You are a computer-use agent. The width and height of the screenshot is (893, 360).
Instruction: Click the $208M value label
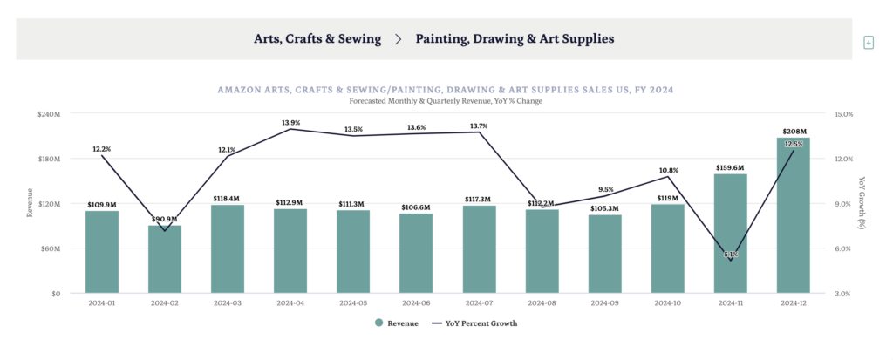click(794, 131)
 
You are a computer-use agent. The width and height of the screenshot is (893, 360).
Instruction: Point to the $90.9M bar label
click(165, 219)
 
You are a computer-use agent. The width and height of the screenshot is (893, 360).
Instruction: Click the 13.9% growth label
click(290, 122)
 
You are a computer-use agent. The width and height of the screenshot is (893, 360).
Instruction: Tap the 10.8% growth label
click(668, 170)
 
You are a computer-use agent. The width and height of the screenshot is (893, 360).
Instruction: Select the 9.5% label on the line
click(605, 189)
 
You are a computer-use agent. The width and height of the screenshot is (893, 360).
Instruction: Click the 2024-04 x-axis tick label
click(290, 303)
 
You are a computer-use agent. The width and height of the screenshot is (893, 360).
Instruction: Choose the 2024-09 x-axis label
click(604, 303)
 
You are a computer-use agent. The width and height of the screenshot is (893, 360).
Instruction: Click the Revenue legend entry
click(396, 323)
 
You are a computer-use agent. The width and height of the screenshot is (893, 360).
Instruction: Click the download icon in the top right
click(868, 43)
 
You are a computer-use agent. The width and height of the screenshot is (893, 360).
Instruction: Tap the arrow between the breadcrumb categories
click(399, 39)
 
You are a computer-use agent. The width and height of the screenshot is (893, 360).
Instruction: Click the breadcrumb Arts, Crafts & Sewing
click(317, 39)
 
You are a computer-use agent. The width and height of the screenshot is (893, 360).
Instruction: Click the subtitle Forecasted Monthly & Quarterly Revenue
click(445, 101)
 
